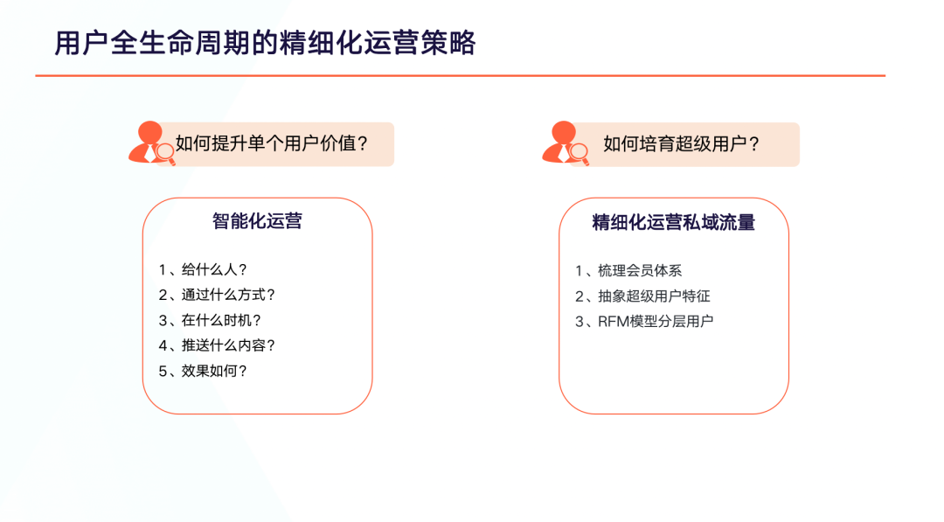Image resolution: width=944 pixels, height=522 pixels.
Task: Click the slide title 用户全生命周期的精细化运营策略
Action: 265,44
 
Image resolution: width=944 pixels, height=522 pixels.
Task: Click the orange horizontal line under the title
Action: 461,76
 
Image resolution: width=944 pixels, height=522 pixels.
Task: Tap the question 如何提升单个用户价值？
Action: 272,144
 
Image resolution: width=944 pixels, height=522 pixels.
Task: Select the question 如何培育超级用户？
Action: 681,144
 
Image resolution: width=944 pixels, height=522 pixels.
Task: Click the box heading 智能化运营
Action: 257,221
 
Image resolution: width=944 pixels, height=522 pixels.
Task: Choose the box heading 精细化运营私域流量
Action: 674,222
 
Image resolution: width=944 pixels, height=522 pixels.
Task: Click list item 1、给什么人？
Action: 203,269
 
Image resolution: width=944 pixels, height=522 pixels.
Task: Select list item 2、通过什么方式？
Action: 217,295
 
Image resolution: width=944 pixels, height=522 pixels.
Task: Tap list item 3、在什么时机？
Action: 210,320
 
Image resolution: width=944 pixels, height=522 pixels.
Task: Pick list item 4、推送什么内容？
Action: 217,345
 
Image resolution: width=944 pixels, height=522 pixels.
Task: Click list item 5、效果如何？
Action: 203,371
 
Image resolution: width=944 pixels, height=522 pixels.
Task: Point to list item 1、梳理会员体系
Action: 628,271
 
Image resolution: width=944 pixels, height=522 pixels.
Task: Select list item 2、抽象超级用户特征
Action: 642,296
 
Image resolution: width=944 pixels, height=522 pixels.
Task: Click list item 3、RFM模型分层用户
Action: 644,322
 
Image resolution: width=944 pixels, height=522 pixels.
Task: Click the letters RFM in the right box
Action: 613,322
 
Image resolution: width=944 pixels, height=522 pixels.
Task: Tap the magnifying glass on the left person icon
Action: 165,153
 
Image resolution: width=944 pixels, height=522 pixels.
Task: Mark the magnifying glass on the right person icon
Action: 580,153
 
